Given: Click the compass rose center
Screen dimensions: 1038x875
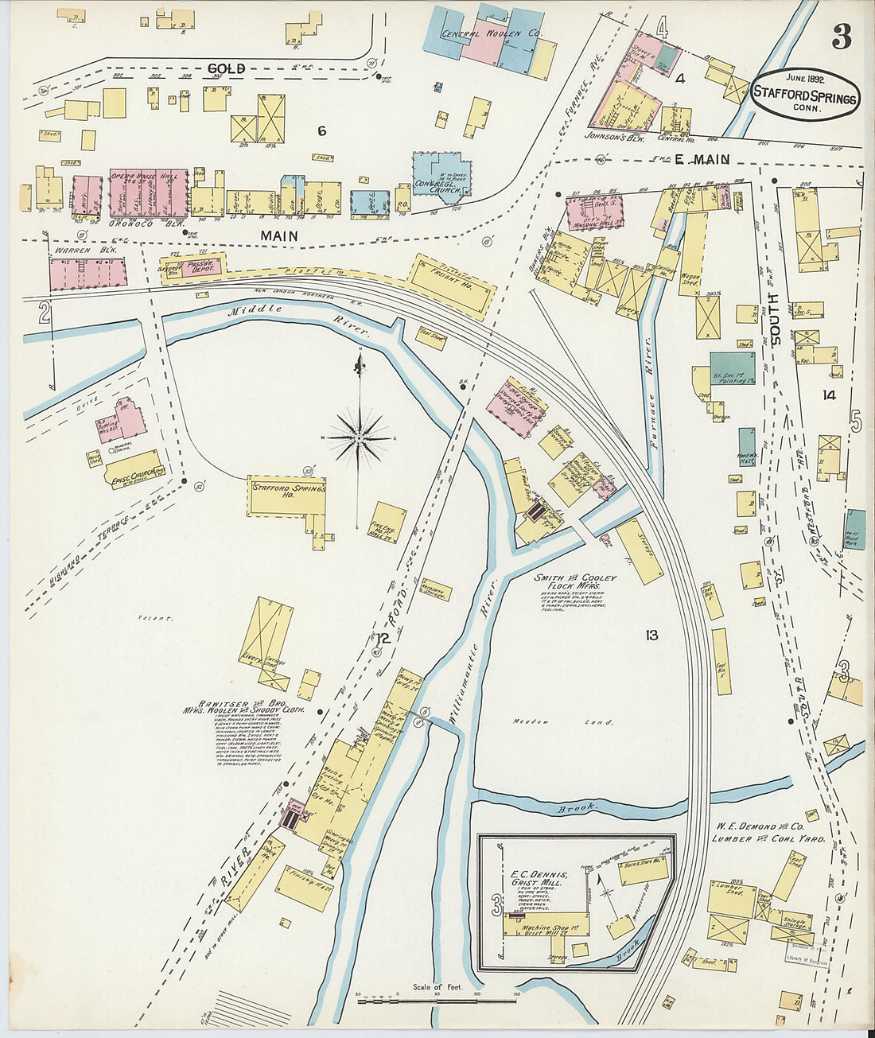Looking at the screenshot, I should pos(360,437).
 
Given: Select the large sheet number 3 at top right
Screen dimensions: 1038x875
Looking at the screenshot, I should pos(842,37).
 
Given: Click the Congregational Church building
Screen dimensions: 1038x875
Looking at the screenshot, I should pos(440,175).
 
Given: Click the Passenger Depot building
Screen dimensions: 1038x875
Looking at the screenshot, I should pos(193,267).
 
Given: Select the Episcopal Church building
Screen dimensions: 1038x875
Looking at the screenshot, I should pos(133,469).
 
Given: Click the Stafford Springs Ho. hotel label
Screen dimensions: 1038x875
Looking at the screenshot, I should pos(288,489).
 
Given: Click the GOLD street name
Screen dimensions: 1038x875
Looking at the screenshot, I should pos(226,69).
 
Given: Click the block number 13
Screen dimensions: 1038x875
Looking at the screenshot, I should pos(651,635).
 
